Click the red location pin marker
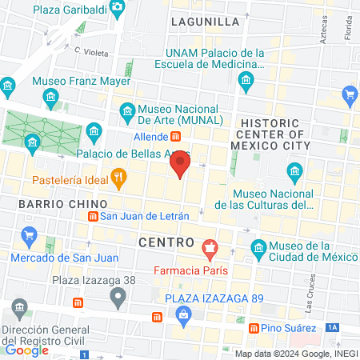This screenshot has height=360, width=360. pos(180,166)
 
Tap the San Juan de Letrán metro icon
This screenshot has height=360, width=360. pos(93,216)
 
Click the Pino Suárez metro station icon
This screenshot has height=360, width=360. pos(253,328)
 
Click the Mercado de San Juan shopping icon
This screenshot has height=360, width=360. pos(30,236)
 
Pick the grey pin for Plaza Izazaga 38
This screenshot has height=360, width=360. pos(118,298)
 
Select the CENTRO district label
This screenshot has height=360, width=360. pos(166,242)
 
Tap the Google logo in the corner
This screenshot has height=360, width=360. pos(26,350)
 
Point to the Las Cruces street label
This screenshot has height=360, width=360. pos(310,294)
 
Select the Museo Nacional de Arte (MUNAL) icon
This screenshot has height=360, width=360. pos(126,110)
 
